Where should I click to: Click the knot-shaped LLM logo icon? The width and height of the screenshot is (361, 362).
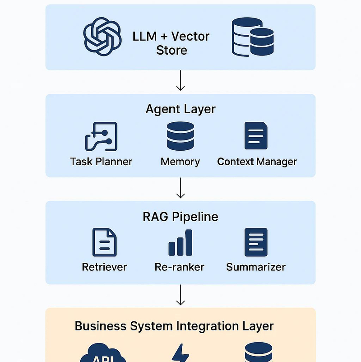point(102,37)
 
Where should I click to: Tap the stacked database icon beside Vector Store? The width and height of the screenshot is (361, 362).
point(253,37)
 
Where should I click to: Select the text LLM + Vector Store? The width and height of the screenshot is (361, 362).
point(171,43)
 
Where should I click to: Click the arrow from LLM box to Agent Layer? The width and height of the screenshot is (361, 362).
point(180,80)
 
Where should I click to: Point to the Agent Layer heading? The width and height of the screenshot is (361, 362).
point(180,109)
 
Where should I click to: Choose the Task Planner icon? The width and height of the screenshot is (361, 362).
point(102,136)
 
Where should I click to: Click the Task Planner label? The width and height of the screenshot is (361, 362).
point(101,162)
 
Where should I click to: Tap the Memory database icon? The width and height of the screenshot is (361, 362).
point(180,136)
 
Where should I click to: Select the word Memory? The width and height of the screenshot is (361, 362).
point(180,162)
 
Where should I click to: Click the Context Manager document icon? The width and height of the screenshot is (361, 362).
point(256,136)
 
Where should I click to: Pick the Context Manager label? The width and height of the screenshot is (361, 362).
point(257,162)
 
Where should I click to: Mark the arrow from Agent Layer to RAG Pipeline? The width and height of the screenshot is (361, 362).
point(180,188)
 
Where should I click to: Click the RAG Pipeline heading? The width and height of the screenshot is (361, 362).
point(180,217)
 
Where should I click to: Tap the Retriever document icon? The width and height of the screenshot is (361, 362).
point(105,242)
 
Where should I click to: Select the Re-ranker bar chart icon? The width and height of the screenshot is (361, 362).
point(180,243)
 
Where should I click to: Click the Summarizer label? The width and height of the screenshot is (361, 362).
point(256,267)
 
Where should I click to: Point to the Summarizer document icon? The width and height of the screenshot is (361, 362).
point(256,242)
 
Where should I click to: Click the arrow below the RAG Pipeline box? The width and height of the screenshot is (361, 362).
point(180,295)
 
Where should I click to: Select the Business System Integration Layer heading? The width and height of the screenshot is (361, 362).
point(174,326)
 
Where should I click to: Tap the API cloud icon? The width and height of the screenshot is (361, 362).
point(103,353)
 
